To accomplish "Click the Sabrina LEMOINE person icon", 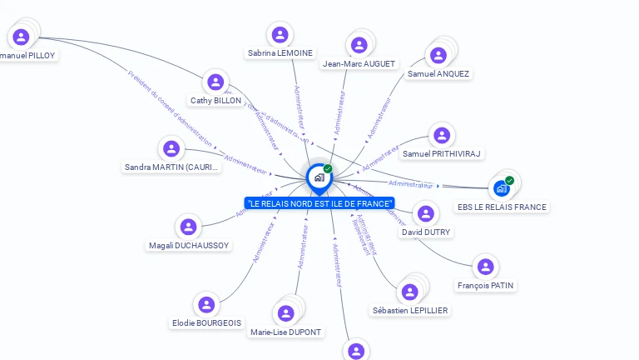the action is tap(280, 34).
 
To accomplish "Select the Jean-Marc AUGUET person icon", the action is tap(359, 45).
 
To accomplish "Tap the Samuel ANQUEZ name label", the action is tap(438, 73).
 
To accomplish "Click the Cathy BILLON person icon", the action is tap(215, 82).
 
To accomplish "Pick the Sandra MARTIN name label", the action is tap(171, 167).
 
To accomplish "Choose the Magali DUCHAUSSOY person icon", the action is tap(189, 227).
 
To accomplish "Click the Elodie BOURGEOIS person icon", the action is tap(206, 304).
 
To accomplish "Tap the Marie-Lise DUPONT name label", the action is tap(286, 332).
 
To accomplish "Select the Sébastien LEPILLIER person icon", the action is tap(409, 292).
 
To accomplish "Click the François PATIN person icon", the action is tap(485, 267).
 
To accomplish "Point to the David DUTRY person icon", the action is tap(425, 214).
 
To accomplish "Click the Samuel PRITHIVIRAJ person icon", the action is tap(442, 135).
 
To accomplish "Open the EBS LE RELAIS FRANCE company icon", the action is tap(502, 188).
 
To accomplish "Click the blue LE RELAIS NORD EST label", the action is tap(319, 203).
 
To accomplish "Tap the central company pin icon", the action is tap(319, 177).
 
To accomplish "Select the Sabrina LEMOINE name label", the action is tap(280, 52).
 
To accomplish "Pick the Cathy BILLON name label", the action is tap(215, 100).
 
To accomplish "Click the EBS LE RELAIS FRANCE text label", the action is tap(502, 207).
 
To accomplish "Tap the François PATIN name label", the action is tap(485, 285).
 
